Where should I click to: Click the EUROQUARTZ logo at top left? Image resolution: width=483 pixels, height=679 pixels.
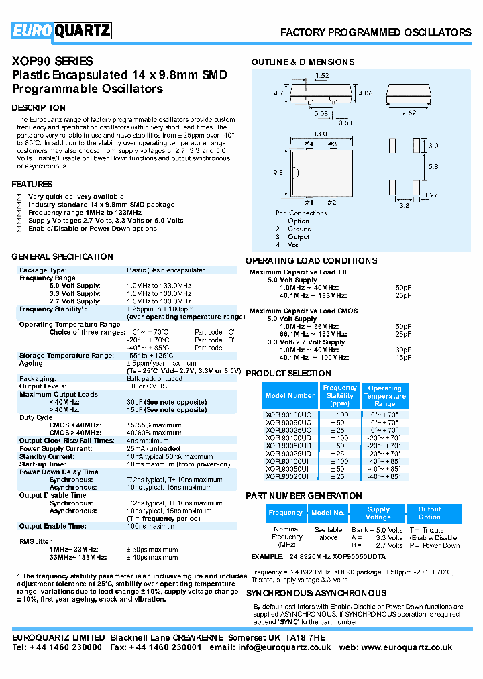[62, 31]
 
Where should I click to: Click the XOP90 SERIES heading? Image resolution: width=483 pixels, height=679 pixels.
[52, 61]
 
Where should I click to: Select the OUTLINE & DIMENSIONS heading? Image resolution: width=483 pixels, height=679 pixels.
[303, 62]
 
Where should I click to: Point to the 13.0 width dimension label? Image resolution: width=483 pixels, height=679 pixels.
[321, 134]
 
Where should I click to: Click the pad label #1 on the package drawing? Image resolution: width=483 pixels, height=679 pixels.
[309, 202]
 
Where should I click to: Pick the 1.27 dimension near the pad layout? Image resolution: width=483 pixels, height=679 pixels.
[429, 195]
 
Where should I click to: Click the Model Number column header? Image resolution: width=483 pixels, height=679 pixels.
[290, 396]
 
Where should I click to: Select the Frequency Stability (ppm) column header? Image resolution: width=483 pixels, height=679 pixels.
[340, 396]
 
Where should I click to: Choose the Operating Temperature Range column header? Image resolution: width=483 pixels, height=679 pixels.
[385, 396]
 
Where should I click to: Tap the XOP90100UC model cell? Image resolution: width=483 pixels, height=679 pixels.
[288, 415]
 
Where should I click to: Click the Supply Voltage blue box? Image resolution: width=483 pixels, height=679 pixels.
[378, 513]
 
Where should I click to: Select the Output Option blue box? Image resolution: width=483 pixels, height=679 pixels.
[429, 513]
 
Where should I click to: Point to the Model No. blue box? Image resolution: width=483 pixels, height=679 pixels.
[328, 513]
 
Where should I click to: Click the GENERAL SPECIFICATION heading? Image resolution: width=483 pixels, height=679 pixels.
[62, 257]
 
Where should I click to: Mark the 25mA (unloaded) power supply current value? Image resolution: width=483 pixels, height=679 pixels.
[154, 448]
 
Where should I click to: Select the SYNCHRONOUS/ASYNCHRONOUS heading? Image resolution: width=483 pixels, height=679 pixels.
[316, 594]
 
